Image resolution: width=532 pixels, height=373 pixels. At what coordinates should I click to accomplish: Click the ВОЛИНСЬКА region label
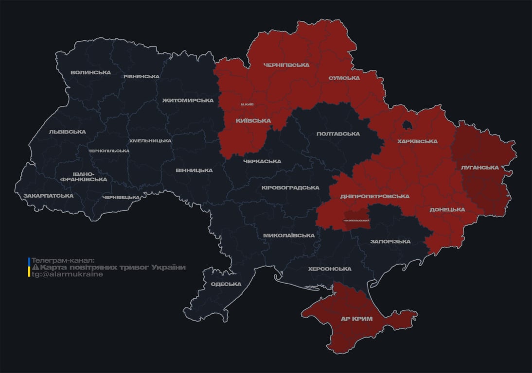[x=90, y=73]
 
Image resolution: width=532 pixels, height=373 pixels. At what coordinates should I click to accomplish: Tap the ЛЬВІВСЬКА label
[x=67, y=132]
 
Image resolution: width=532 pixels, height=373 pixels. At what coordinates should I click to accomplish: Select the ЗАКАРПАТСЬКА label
[x=48, y=196]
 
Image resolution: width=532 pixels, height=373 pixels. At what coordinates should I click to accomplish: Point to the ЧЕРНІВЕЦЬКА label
[x=121, y=197]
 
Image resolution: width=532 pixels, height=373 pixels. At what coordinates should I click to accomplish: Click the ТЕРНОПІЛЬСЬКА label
[x=109, y=151]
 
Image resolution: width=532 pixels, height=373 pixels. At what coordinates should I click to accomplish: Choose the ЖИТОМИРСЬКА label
[x=188, y=101]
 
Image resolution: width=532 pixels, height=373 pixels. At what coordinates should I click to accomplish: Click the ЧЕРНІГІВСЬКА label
[x=286, y=65]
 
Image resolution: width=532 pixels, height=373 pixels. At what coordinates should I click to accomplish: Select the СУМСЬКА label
[x=344, y=78]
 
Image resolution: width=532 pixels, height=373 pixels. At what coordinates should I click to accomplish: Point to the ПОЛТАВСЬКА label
[x=338, y=134]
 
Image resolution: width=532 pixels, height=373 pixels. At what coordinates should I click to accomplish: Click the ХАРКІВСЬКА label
[x=417, y=142]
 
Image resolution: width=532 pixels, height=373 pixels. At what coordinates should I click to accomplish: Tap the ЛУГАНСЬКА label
[x=479, y=168]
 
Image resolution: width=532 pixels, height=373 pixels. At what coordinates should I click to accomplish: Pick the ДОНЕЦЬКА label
[x=447, y=210]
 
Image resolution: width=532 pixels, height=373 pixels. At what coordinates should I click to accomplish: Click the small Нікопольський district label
[x=356, y=221]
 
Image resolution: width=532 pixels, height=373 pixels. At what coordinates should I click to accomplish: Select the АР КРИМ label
[x=357, y=319]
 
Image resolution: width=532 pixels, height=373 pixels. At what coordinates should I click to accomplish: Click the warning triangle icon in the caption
[x=35, y=268]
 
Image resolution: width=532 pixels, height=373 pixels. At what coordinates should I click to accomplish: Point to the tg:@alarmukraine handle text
[x=67, y=274]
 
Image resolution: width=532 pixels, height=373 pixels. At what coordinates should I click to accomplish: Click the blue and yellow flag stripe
[x=29, y=268]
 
